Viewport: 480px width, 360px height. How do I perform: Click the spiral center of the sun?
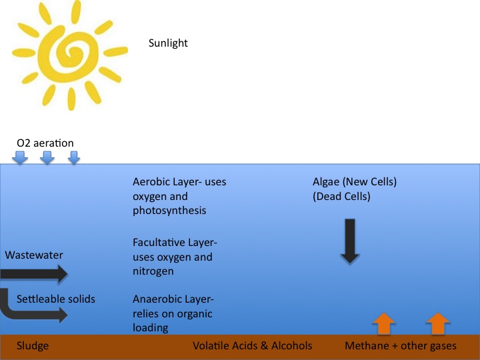pyautogui.click(x=69, y=53)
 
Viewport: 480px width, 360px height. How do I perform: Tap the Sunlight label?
pyautogui.click(x=168, y=43)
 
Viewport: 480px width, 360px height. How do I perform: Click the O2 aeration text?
pyautogui.click(x=45, y=143)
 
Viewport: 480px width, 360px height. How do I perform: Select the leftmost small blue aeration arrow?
pyautogui.click(x=21, y=158)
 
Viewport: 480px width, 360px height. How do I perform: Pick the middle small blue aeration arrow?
pyautogui.click(x=47, y=158)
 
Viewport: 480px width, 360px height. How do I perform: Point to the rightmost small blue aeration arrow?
pyautogui.click(x=74, y=158)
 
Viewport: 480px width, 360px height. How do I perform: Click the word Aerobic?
pyautogui.click(x=151, y=182)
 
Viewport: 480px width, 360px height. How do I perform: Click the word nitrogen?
pyautogui.click(x=153, y=271)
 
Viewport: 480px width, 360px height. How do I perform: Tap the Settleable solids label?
pyautogui.click(x=56, y=299)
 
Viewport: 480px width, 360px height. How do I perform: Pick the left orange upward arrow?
pyautogui.click(x=383, y=323)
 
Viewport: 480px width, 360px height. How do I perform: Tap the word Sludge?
pyautogui.click(x=33, y=346)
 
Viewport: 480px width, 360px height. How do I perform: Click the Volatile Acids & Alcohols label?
pyautogui.click(x=252, y=346)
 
